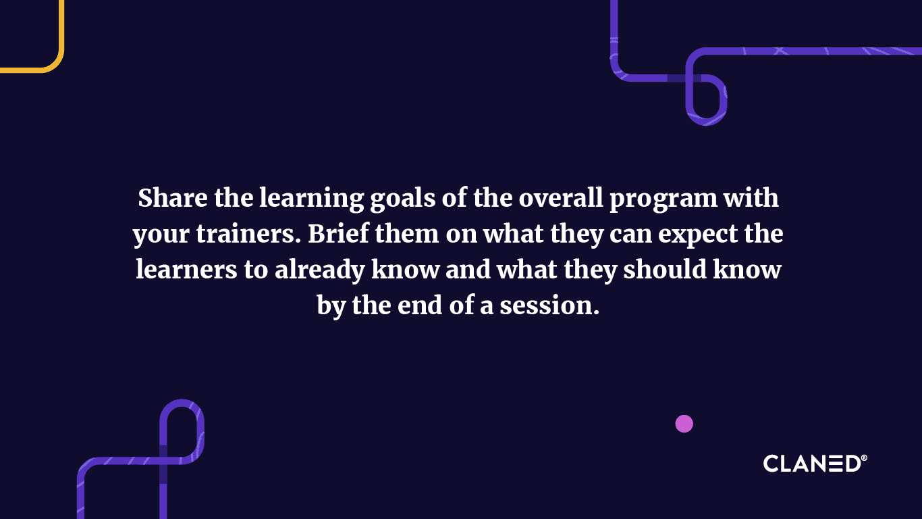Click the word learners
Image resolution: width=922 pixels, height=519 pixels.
186,270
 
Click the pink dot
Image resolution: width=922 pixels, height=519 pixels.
684,424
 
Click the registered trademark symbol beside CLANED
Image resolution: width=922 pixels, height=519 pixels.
864,459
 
